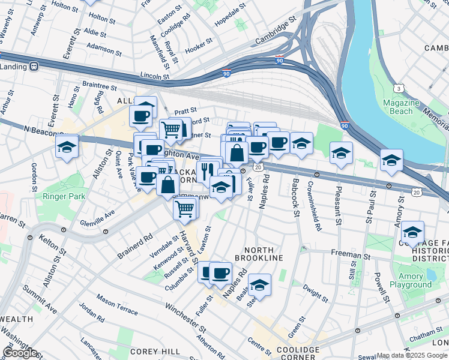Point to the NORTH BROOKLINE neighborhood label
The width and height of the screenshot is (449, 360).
pos(259,253)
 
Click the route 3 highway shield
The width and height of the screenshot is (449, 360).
pos(399,88)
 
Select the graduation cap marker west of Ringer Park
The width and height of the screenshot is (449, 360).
pos(67,146)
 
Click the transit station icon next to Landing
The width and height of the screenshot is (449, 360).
pos(34,67)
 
